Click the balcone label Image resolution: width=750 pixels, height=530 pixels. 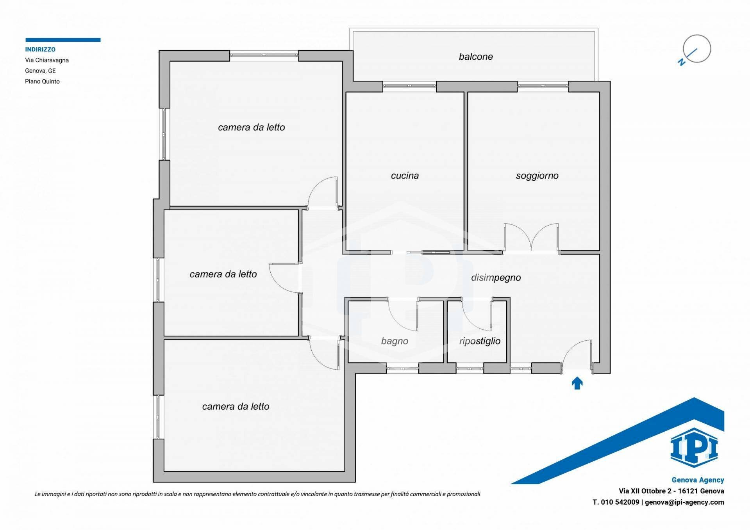pyautogui.click(x=475, y=57)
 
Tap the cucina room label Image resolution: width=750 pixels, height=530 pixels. pyautogui.click(x=405, y=176)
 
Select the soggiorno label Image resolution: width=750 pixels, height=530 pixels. pyautogui.click(x=537, y=176)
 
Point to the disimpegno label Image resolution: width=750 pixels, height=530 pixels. pyautogui.click(x=496, y=277)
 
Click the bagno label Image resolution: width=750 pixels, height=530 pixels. pyautogui.click(x=395, y=341)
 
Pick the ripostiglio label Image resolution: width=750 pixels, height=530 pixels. pyautogui.click(x=480, y=341)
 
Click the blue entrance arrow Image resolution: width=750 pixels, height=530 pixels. pyautogui.click(x=577, y=383)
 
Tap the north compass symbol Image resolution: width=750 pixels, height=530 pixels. pyautogui.click(x=696, y=49)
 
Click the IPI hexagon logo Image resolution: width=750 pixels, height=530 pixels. pyautogui.click(x=694, y=448)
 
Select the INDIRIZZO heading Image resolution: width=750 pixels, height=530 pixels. pyautogui.click(x=40, y=50)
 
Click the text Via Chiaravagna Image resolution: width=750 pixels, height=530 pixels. pyautogui.click(x=47, y=60)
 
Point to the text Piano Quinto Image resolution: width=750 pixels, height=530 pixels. pyautogui.click(x=42, y=82)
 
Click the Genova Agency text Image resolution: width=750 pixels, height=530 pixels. pyautogui.click(x=698, y=480)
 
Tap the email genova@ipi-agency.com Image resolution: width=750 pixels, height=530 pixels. pyautogui.click(x=684, y=502)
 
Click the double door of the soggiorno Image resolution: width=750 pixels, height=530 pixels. pyautogui.click(x=531, y=238)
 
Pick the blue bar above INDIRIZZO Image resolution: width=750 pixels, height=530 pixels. pyautogui.click(x=63, y=40)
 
